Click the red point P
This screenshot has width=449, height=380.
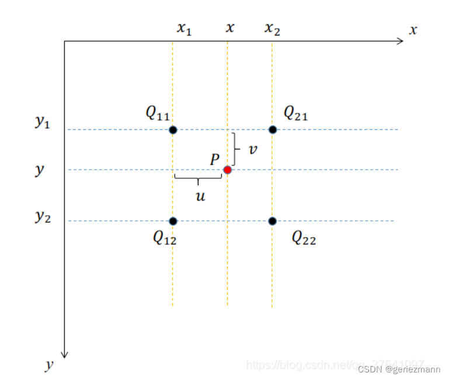coord(228,170)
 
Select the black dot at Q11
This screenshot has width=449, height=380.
coord(173,130)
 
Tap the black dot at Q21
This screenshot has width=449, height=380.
coord(273,130)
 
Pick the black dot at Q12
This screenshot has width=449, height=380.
coord(173,221)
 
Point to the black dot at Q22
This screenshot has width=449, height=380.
coord(273,221)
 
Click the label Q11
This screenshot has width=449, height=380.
coord(158,113)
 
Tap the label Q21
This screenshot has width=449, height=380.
coord(295,113)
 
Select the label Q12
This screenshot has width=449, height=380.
coord(165,238)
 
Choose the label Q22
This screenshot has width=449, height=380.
coord(304,238)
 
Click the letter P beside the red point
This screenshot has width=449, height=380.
coord(215,159)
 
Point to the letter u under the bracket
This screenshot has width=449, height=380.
coord(200,196)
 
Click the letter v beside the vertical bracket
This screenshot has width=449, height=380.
coord(253,149)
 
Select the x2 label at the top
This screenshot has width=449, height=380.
coord(272,29)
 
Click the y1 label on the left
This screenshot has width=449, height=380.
coord(43,123)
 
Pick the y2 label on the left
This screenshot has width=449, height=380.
coord(43,217)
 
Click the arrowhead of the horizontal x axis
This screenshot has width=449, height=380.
coord(400,41)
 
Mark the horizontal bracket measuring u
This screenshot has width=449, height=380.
coord(198,178)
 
